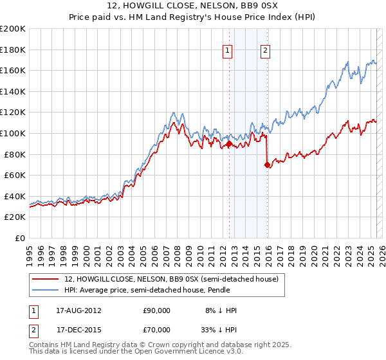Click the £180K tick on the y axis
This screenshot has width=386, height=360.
tap(13, 50)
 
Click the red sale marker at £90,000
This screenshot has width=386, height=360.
tap(229, 144)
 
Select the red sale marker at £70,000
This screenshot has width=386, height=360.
tap(266, 165)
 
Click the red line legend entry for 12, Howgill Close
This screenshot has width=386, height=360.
tap(171, 279)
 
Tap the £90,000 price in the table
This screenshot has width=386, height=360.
tap(157, 310)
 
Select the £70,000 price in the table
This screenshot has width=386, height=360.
tap(157, 330)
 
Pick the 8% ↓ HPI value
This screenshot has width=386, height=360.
tap(221, 310)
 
